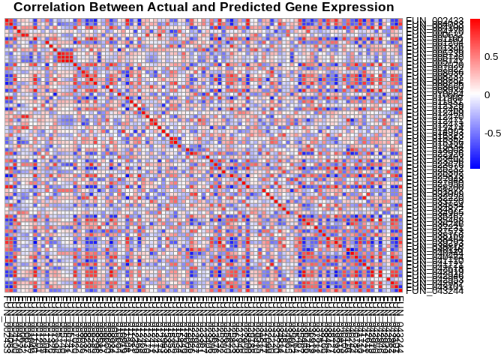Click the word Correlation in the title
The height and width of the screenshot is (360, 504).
(51, 7)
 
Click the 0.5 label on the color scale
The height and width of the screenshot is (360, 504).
(492, 57)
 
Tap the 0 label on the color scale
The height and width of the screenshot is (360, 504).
(487, 95)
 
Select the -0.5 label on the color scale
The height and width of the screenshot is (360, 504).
(493, 133)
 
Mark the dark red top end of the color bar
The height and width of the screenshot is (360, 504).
(475, 21)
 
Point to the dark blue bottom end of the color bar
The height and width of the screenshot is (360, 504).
(475, 166)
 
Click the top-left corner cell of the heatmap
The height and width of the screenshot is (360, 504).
(7, 19)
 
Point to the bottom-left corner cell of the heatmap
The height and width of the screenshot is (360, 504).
(7, 290)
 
